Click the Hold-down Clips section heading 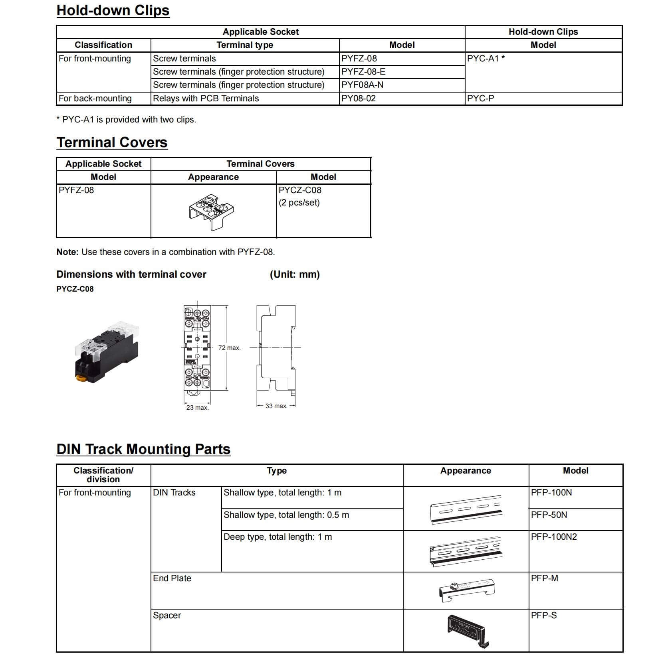point(113,10)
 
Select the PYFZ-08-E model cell point(363,72)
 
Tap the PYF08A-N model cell point(362,85)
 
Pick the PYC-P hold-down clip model point(480,99)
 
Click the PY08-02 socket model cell point(358,99)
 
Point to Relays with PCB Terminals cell point(206,99)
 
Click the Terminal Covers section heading point(112,142)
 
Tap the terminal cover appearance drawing point(212,211)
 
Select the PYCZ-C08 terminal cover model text point(300,190)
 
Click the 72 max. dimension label point(229,348)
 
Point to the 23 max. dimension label point(197,407)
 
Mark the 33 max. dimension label point(276,406)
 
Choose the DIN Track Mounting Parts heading point(143,449)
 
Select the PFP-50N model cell point(549,515)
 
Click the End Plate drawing point(466,590)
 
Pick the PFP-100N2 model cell point(554,537)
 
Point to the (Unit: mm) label point(295,274)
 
